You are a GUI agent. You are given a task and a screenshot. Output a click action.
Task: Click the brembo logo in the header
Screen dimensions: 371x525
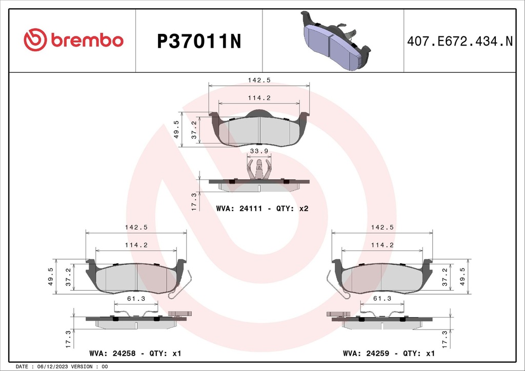tap(74, 40)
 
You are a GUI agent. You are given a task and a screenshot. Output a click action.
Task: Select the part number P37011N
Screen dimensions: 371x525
tap(198, 41)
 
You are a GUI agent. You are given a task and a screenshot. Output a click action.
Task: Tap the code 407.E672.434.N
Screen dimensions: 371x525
tap(459, 41)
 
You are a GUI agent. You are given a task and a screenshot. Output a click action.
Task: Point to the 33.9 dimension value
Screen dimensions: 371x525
tap(259, 151)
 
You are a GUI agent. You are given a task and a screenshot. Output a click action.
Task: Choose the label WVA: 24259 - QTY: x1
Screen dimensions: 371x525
tap(388, 354)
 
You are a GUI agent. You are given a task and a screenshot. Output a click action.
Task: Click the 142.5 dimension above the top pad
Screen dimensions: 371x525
tap(259, 80)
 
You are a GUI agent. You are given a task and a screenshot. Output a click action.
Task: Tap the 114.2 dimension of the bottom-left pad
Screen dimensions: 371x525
tap(136, 245)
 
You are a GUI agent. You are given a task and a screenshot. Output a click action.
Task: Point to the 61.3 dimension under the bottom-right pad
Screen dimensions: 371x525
tap(382, 298)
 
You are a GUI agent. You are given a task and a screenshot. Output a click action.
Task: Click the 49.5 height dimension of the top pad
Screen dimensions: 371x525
tap(176, 130)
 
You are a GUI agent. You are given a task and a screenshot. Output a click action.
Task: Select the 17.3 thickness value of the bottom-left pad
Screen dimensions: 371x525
tap(67, 339)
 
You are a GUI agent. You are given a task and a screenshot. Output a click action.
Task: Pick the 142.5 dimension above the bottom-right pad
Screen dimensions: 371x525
tap(382, 227)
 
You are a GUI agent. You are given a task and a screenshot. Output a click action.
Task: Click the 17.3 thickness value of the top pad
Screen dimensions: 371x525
tap(193, 201)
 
